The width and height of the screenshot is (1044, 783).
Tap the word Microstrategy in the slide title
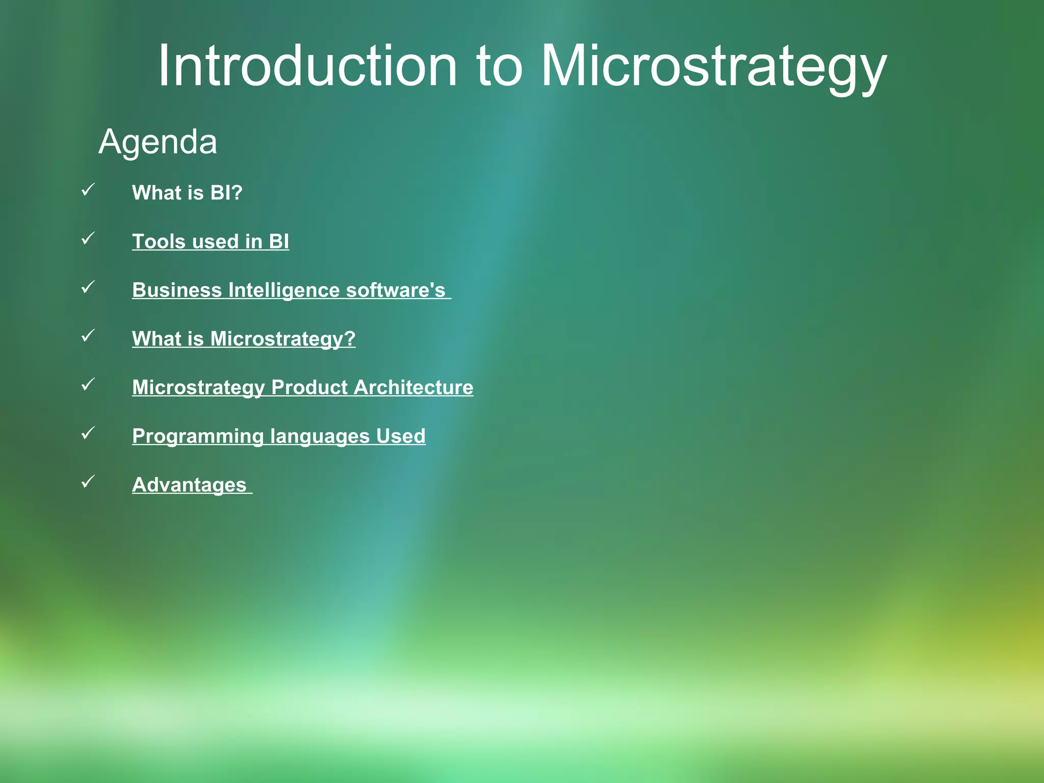point(714,66)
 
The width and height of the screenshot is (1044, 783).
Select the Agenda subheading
point(158,141)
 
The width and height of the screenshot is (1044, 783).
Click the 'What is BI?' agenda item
point(187,193)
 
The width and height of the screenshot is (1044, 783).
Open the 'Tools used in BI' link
point(211,242)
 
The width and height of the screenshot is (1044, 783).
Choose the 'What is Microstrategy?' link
point(244,338)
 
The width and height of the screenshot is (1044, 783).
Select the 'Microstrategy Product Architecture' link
point(303,387)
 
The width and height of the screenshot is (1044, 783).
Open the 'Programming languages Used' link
point(279,436)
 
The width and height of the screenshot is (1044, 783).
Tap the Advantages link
point(189,485)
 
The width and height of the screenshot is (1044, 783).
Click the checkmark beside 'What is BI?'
point(88,190)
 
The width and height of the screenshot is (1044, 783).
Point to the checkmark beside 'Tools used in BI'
point(88,238)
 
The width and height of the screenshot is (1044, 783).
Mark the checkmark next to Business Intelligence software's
point(88,287)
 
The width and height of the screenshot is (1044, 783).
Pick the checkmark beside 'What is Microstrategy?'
point(88,335)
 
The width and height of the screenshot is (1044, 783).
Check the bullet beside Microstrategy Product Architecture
point(88,384)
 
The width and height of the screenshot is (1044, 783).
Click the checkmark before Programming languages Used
point(88,433)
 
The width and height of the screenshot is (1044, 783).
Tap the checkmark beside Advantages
point(88,481)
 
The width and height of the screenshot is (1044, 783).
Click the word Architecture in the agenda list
point(413,387)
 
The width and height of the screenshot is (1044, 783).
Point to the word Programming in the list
point(198,436)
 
